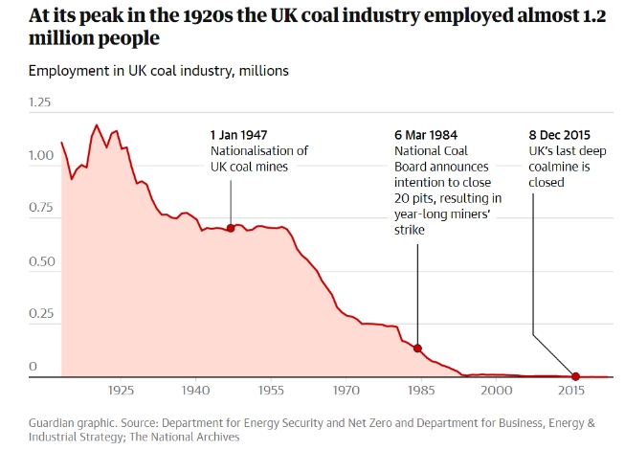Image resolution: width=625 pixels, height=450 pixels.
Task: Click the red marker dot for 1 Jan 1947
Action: (231, 228)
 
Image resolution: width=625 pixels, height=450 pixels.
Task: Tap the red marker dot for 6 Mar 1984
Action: (417, 349)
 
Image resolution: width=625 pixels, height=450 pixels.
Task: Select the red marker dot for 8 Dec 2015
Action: (575, 376)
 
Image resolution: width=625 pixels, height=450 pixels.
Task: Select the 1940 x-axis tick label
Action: (195, 392)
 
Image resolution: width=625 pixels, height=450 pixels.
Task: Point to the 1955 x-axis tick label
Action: (270, 392)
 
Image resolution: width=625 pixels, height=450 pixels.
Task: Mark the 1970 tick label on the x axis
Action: (346, 392)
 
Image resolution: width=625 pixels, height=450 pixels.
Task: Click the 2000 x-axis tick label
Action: (496, 392)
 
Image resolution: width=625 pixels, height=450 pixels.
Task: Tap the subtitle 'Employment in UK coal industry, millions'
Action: (158, 71)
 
